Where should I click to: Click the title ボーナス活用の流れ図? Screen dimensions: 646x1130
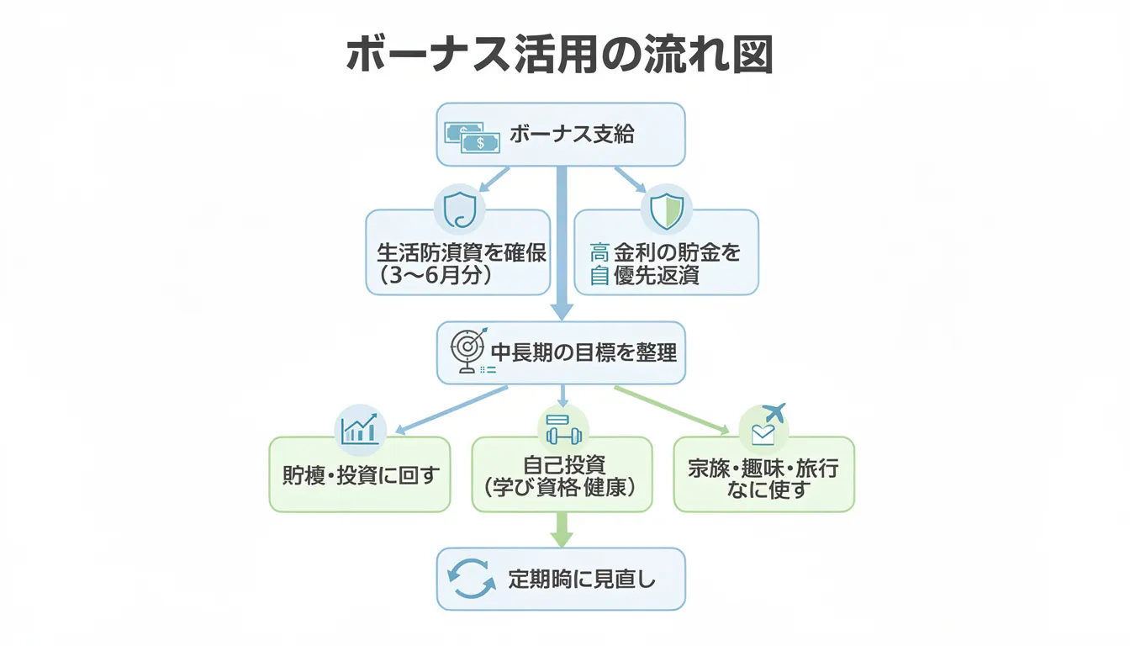coord(559,56)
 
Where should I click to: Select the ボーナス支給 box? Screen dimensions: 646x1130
coord(560,135)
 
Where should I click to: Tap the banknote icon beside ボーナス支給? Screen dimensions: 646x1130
coord(472,137)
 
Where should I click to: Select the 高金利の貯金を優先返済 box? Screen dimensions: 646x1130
coord(666,262)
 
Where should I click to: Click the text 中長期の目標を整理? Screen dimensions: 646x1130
coord(583,352)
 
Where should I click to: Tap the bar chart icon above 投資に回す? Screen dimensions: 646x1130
coord(360,429)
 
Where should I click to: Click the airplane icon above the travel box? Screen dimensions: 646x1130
coord(774,412)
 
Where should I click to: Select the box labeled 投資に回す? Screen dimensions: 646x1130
coord(360,474)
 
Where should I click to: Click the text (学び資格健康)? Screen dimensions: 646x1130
coord(561,487)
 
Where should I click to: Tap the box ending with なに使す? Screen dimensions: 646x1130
coord(763,474)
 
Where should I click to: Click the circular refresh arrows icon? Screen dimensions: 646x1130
coord(472,580)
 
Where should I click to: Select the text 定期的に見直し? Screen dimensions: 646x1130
coord(582,579)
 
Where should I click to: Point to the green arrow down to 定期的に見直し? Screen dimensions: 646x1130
coord(562,530)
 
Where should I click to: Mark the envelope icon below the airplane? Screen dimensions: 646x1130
coord(763,434)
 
